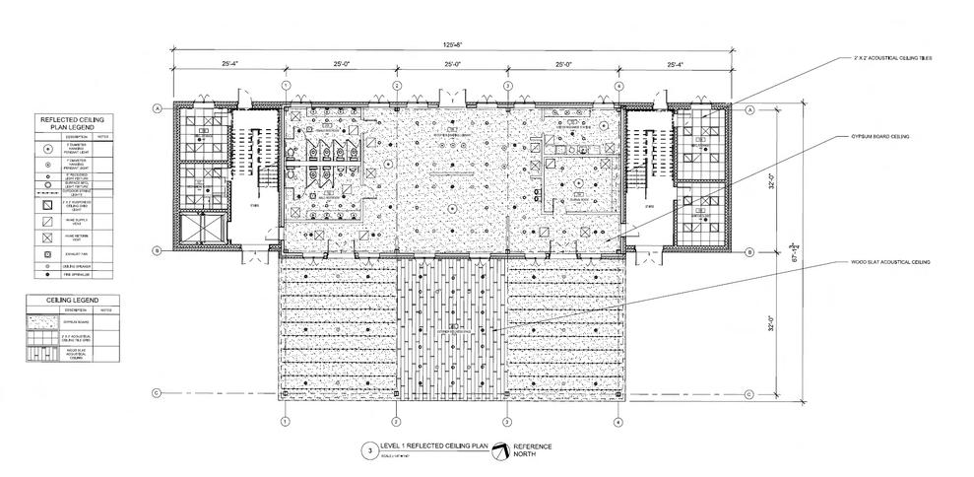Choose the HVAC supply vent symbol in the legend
[47, 221]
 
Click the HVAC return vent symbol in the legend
[47, 238]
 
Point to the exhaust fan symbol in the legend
[47, 254]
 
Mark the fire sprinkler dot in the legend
[47, 276]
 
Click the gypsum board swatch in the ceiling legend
[47, 320]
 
